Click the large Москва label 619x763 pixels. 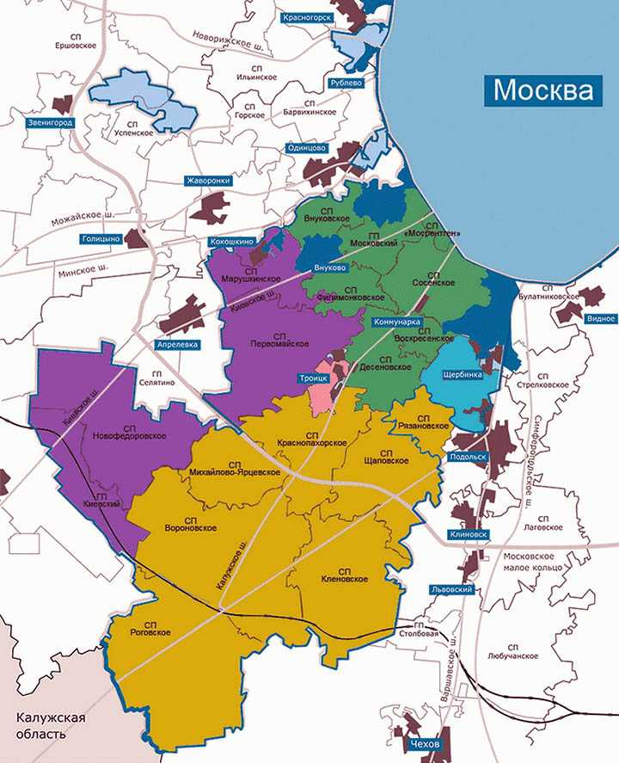coord(543,89)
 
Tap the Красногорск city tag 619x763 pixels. coord(307,16)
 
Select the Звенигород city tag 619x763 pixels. coord(50,123)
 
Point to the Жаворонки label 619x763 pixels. coord(208,181)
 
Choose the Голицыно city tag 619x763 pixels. coord(101,238)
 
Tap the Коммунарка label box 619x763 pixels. coord(396,322)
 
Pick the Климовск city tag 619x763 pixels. coord(468,534)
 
